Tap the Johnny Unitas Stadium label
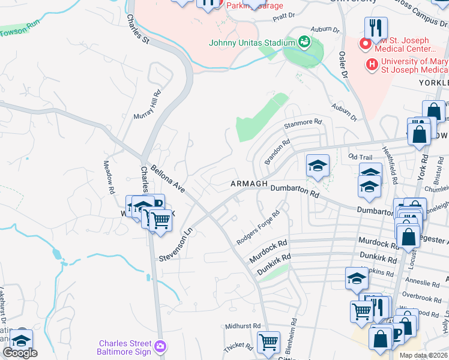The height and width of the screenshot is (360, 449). [252, 43]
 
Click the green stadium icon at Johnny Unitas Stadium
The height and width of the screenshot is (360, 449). [304, 42]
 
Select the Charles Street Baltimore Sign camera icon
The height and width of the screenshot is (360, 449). [160, 346]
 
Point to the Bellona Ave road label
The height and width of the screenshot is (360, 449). [167, 179]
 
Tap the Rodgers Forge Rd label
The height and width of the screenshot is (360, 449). [259, 227]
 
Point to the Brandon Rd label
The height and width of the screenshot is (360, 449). [277, 152]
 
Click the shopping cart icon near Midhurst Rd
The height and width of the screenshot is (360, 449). [268, 342]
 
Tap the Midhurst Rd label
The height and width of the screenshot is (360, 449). [243, 326]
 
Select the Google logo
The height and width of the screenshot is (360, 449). [20, 353]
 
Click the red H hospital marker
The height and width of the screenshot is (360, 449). [372, 63]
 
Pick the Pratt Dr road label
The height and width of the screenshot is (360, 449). [285, 16]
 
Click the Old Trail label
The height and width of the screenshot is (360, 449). [361, 157]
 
